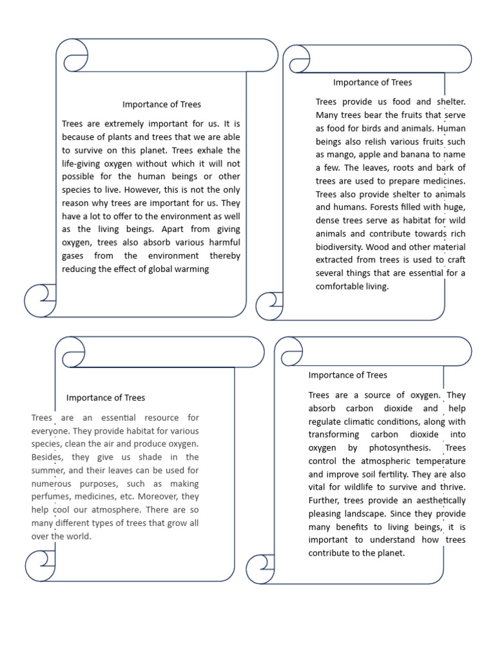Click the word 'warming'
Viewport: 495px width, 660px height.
point(191,269)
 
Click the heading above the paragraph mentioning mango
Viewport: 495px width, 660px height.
point(372,82)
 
